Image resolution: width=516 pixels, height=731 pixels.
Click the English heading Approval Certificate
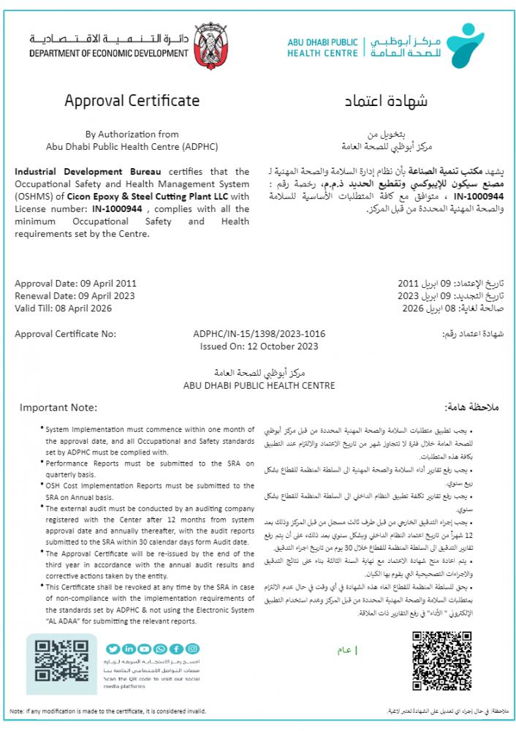132,101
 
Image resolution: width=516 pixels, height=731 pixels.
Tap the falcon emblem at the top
211,45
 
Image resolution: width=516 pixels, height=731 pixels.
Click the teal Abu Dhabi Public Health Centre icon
465,43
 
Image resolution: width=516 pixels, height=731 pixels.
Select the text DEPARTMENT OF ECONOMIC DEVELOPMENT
109,53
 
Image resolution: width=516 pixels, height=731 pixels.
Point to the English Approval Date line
75,283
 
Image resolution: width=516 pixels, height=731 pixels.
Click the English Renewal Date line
75,296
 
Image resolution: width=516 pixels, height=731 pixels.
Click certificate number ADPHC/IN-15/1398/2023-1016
259,334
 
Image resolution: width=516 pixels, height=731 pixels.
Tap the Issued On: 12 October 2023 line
259,346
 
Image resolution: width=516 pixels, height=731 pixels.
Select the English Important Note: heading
58,407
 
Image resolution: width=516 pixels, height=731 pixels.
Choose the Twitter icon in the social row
113,648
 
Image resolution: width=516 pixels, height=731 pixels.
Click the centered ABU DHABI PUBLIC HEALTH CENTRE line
259,385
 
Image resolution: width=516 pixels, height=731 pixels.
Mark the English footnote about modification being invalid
113,711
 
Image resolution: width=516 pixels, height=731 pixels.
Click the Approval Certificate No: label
66,334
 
